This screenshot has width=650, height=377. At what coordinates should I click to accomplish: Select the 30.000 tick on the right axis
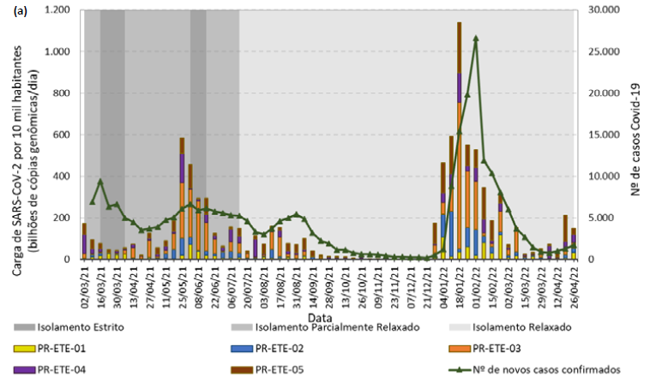click(x=600, y=10)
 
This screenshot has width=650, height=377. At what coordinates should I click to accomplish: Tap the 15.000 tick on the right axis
click(x=600, y=135)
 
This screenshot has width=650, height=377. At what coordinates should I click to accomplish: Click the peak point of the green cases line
click(x=475, y=39)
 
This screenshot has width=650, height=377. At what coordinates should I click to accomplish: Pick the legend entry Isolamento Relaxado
click(x=524, y=328)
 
